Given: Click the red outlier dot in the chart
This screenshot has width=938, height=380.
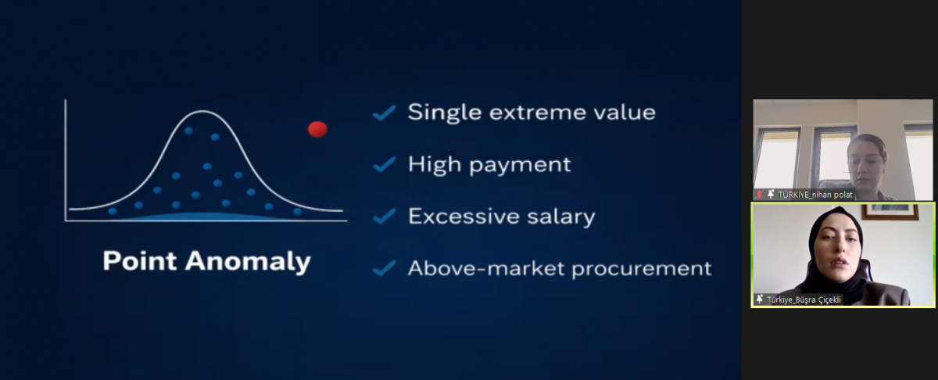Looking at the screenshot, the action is point(317,129).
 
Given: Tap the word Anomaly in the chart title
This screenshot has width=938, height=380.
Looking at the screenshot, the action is point(248,262).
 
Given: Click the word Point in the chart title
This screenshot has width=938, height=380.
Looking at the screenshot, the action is point(140,260).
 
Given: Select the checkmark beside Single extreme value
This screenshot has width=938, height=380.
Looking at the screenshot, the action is point(384,113).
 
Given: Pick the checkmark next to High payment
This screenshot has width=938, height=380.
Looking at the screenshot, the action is point(384,164).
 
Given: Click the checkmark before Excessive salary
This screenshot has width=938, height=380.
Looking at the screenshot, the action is point(384,216).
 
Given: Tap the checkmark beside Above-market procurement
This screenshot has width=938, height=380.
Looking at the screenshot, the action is point(384,268).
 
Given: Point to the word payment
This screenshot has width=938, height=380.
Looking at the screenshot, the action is point(520,165).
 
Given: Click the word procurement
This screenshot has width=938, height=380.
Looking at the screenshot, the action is point(642,269).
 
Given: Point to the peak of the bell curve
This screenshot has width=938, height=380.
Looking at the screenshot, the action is point(202,111).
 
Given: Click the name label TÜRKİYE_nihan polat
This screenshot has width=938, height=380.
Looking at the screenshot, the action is point(814,195).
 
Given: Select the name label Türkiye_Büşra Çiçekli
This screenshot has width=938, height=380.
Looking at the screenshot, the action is point(804,299).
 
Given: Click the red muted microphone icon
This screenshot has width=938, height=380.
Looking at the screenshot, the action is point(760,195).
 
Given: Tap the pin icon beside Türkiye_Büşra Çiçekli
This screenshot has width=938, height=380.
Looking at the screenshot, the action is point(760,299).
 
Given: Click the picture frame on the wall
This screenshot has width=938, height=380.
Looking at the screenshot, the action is point(890,212).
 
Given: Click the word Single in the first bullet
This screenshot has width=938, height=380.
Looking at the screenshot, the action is point(445,113).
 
